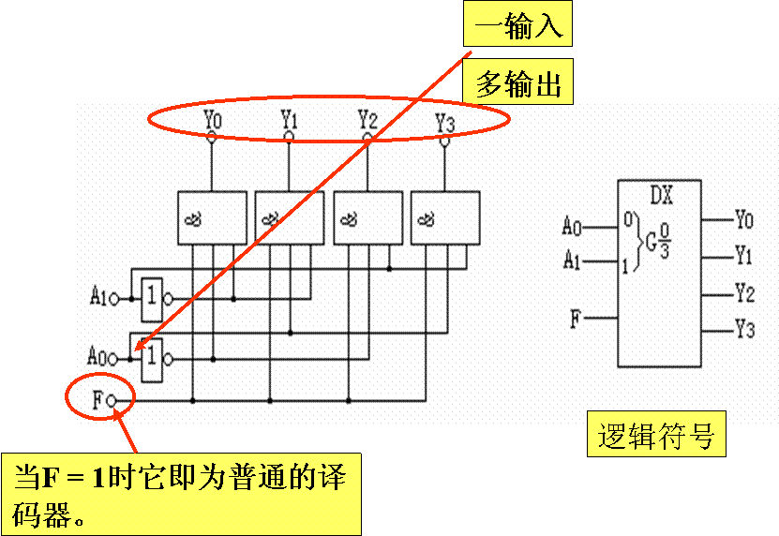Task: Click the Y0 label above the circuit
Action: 212,121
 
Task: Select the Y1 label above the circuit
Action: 289,120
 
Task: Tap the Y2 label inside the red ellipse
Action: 367,120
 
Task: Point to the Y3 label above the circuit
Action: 444,122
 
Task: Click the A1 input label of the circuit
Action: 98,297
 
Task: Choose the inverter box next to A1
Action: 151,297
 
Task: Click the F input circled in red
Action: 101,400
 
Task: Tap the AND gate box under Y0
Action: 212,218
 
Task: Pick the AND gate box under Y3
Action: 444,218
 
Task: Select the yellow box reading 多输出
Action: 517,86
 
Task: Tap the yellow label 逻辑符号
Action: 655,437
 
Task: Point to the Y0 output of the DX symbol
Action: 743,220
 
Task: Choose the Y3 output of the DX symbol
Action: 743,330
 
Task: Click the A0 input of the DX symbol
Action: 572,226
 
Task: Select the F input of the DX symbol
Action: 576,319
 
